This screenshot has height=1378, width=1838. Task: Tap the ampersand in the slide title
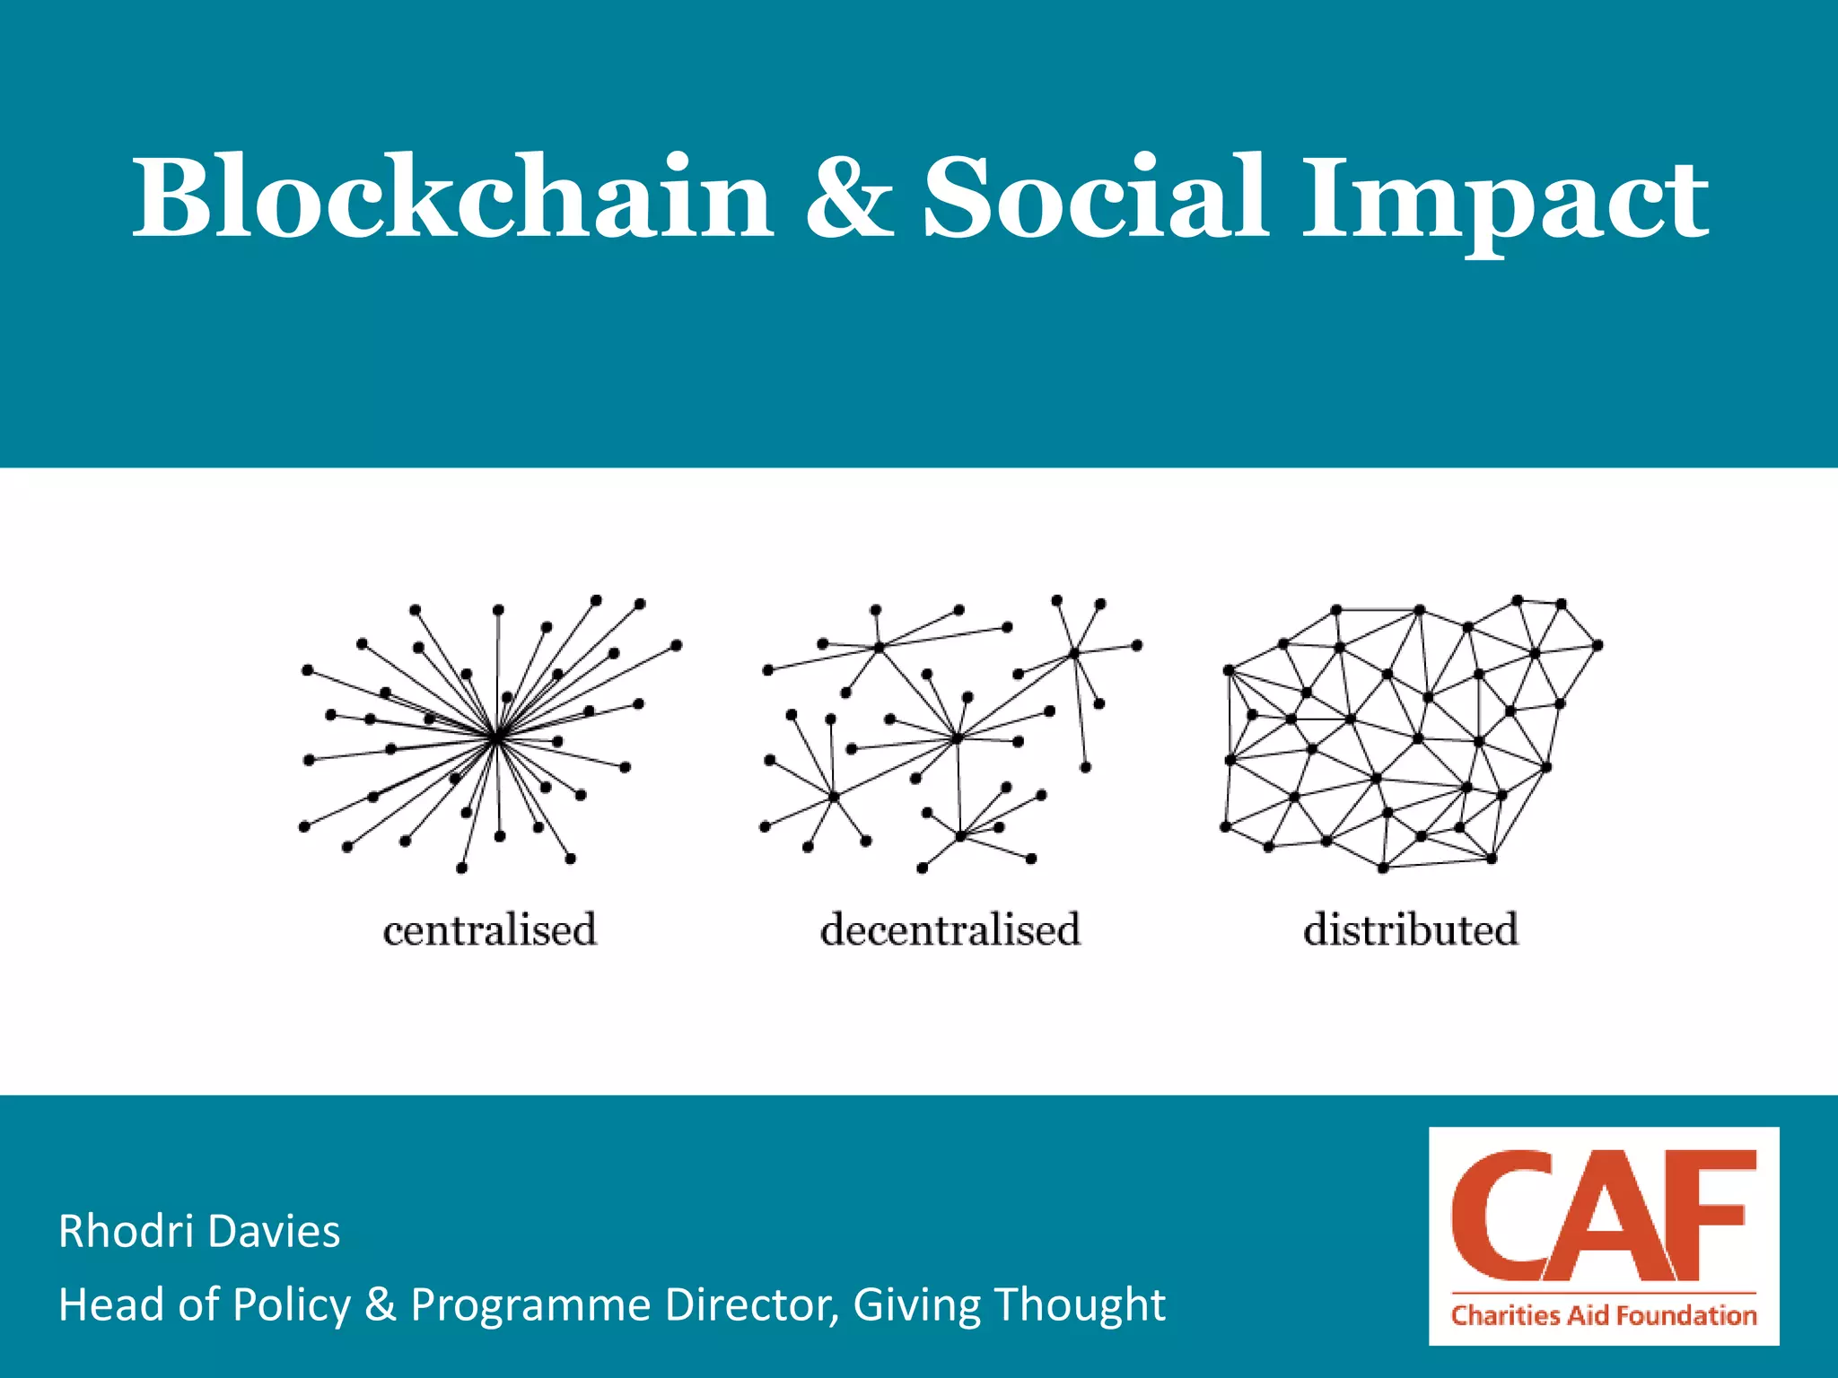(x=848, y=197)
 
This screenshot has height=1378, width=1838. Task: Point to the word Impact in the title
(x=1505, y=202)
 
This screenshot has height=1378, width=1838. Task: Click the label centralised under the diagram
(x=489, y=929)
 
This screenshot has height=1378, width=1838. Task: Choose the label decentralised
(x=950, y=929)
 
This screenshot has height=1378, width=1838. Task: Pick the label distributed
(x=1410, y=929)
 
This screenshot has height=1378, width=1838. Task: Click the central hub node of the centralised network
(x=496, y=737)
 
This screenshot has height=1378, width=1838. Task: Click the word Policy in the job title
(x=292, y=1305)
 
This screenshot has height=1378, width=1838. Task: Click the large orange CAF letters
(x=1603, y=1217)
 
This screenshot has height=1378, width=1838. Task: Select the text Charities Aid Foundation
(x=1604, y=1315)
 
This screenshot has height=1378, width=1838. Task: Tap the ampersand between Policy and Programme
(x=381, y=1304)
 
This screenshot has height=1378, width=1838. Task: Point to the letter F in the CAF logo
(x=1714, y=1216)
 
